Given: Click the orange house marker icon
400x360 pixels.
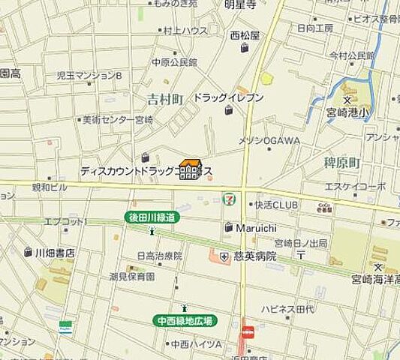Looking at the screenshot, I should tap(191, 169).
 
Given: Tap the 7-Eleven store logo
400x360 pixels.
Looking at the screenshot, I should tap(227, 199).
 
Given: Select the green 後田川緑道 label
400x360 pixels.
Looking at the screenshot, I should tap(154, 217).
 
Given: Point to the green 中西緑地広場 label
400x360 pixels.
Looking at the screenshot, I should tap(185, 320).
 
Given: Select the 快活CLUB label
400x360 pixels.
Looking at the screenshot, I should tap(275, 203).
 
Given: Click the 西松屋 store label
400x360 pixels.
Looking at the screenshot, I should tap(244, 35).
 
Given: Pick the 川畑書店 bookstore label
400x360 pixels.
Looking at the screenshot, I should tap(54, 253).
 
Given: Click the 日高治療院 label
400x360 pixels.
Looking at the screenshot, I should tap(161, 256).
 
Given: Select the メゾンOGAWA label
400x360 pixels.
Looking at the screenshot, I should tap(269, 140).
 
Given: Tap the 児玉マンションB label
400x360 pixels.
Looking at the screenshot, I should tap(89, 75).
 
